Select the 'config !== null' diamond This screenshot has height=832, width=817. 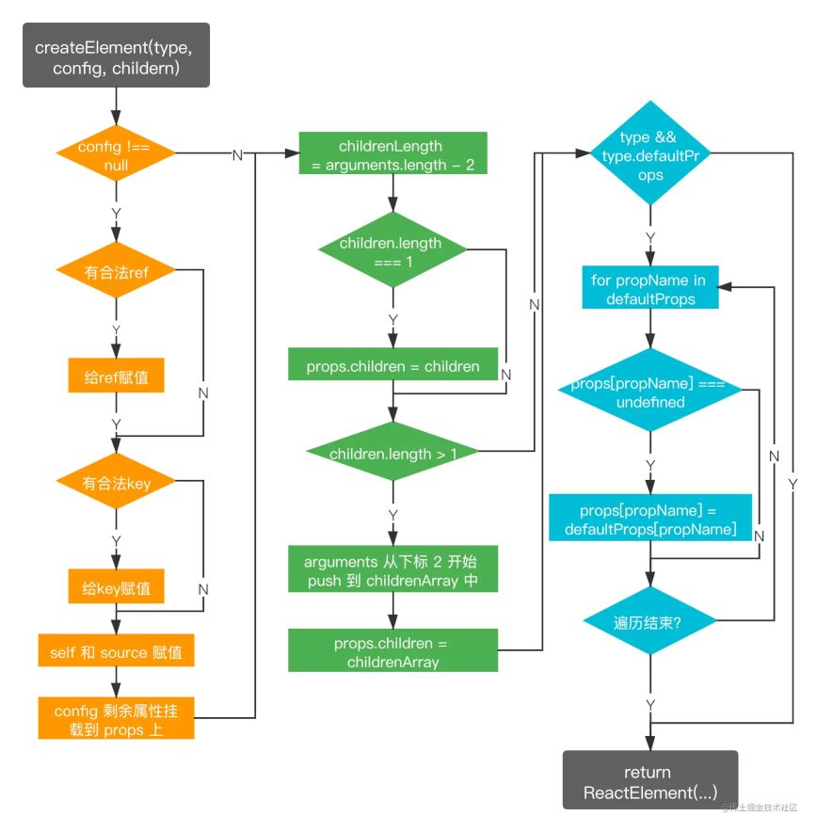pyautogui.click(x=116, y=154)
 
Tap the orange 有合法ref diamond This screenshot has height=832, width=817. pyautogui.click(x=116, y=273)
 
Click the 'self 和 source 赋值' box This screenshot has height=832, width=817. pyautogui.click(x=116, y=651)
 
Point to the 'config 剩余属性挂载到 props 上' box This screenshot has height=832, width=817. pyautogui.click(x=116, y=717)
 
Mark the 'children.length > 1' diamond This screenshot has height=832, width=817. pyautogui.click(x=392, y=454)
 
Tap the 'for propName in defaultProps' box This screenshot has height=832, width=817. pyautogui.click(x=649, y=290)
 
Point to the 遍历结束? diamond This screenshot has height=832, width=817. pyautogui.click(x=649, y=621)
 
